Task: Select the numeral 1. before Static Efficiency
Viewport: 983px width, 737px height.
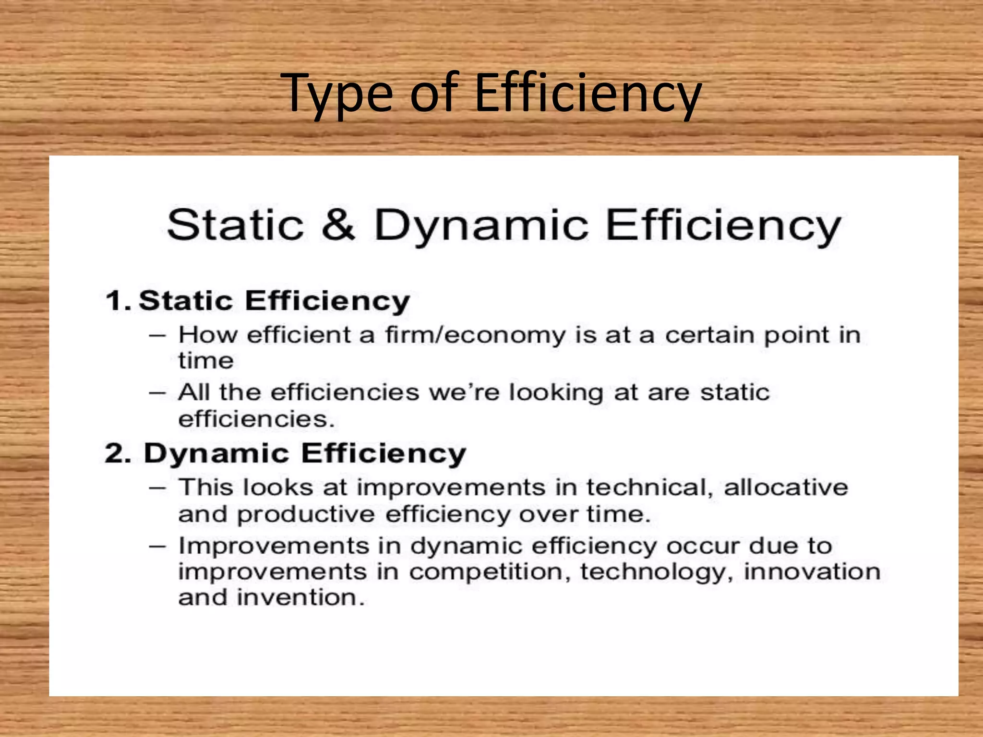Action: click(x=118, y=301)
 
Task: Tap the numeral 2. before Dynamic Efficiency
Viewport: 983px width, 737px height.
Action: click(x=118, y=453)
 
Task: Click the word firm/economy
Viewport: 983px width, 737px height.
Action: click(x=475, y=335)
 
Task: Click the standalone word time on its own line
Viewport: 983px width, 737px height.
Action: click(x=206, y=361)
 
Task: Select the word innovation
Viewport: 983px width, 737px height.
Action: click(x=812, y=572)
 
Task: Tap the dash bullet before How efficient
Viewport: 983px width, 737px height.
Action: click(x=157, y=335)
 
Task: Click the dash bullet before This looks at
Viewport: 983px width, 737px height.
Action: click(x=157, y=488)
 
